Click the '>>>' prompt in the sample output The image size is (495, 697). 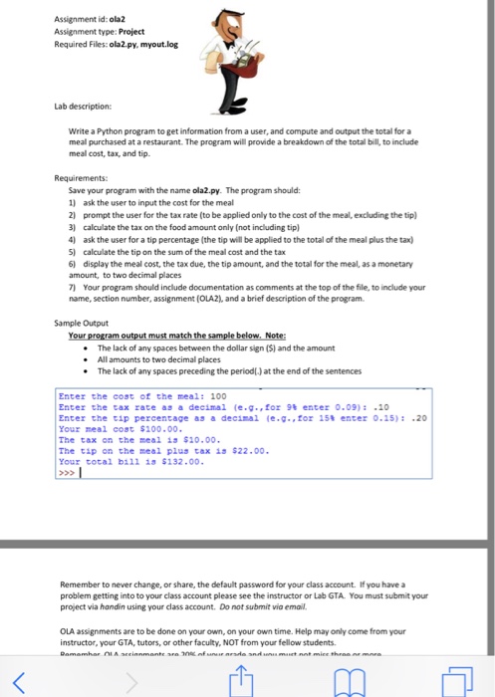pos(67,473)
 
